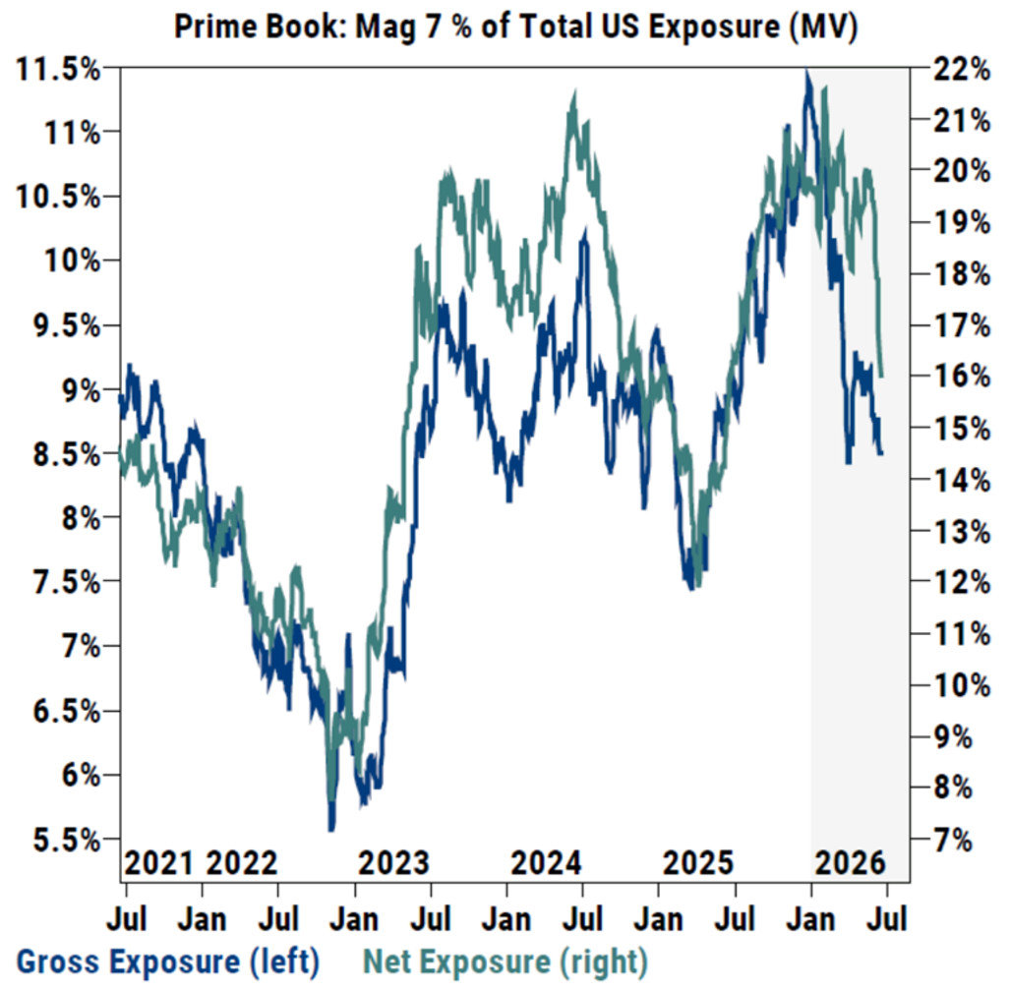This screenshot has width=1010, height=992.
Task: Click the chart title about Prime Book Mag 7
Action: [515, 28]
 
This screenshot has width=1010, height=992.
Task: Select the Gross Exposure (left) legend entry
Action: [167, 962]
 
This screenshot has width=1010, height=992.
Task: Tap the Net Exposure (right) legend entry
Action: [505, 962]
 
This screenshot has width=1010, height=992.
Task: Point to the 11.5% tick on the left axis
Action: [58, 69]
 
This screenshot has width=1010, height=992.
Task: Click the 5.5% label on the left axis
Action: [66, 840]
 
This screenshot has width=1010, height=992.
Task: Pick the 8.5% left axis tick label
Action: [66, 454]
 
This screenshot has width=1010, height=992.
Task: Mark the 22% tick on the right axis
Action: [962, 69]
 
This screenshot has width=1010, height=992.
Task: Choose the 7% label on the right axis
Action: [953, 840]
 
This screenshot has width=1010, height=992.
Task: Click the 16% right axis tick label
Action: [962, 376]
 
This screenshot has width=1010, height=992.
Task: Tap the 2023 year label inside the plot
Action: [393, 862]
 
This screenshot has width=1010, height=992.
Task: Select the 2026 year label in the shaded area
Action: [851, 862]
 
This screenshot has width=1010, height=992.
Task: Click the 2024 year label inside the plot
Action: [546, 862]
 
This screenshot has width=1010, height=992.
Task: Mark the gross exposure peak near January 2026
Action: [807, 71]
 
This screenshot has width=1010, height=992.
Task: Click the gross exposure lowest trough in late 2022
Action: [331, 830]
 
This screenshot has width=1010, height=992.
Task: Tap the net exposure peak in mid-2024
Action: [574, 93]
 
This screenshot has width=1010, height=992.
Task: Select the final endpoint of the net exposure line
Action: [880, 376]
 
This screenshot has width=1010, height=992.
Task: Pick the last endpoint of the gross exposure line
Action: [880, 453]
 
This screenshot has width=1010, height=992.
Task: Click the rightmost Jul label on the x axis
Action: [887, 919]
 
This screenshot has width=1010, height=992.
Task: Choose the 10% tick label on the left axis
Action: [72, 261]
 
